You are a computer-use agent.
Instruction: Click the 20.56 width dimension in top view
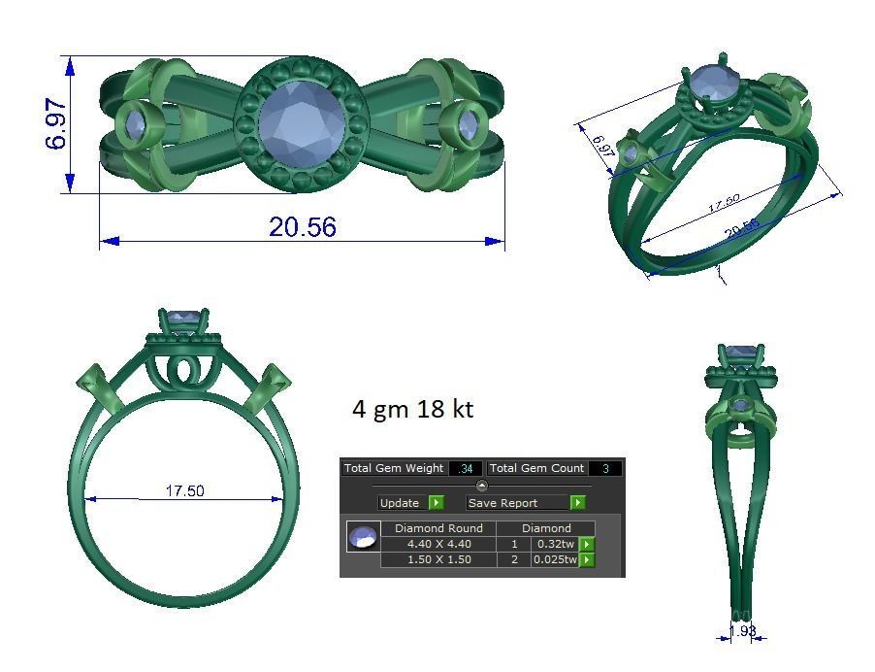tap(303, 226)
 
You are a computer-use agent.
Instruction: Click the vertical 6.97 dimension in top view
tap(56, 124)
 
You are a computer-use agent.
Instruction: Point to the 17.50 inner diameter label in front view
tap(184, 491)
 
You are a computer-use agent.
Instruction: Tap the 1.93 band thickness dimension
tap(743, 631)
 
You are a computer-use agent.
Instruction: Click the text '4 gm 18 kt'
tap(412, 410)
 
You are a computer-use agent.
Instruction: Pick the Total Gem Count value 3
tap(605, 469)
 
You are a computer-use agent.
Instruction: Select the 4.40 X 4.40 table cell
tap(438, 545)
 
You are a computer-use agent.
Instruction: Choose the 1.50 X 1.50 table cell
tap(438, 560)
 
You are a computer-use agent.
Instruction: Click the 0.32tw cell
tap(555, 545)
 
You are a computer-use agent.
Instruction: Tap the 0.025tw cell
tap(555, 560)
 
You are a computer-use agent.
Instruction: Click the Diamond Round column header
tap(438, 528)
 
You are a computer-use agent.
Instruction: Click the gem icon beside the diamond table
tap(363, 537)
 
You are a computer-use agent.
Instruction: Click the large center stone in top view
tap(300, 123)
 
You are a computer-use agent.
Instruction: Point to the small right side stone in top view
tap(470, 125)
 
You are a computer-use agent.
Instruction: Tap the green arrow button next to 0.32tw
tap(586, 545)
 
